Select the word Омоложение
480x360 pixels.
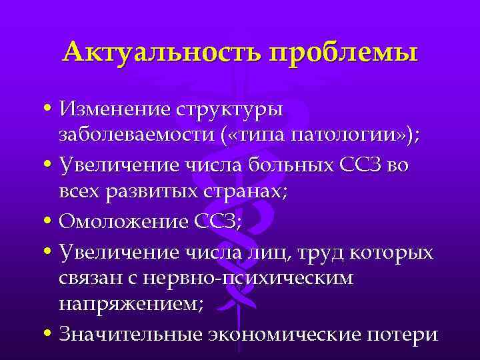pyautogui.click(x=121, y=223)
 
